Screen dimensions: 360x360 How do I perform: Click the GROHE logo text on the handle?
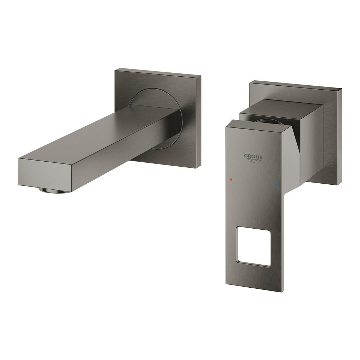click(253, 157)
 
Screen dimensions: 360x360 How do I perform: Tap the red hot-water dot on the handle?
click(231, 179)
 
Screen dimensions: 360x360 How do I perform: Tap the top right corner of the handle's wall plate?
click(341, 88)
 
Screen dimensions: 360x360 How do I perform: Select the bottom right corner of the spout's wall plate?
click(197, 168)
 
